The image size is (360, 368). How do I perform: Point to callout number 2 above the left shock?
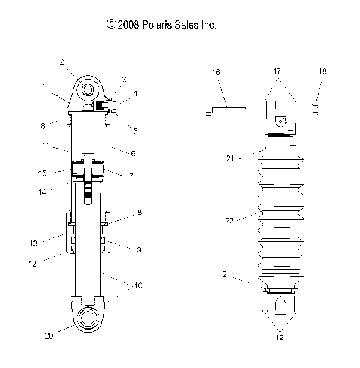(62, 62)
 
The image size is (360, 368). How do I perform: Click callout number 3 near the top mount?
(124, 79)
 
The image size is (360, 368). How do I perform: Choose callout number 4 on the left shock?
(135, 94)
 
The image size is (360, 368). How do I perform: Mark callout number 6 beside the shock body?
(133, 154)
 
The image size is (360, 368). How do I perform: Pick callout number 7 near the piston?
(131, 176)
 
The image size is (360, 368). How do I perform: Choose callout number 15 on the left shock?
(42, 173)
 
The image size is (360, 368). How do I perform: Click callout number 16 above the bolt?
(216, 72)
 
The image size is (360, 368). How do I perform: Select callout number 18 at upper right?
(323, 72)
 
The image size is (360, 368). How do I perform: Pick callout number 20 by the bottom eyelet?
(49, 336)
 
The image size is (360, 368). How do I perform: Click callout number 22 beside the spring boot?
(229, 220)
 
